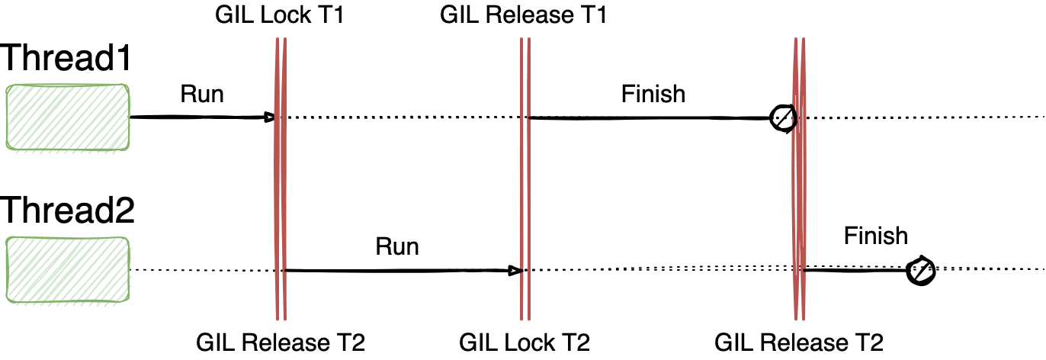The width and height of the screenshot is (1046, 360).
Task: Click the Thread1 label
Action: (66, 59)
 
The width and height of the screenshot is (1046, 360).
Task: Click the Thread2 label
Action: (68, 209)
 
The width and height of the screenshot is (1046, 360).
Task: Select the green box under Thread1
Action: (68, 117)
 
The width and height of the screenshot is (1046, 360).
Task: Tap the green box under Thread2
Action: (68, 269)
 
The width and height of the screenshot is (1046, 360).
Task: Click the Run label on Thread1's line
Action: (202, 94)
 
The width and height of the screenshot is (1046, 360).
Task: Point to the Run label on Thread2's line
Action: (397, 247)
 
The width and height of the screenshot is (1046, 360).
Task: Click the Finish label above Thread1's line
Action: (653, 94)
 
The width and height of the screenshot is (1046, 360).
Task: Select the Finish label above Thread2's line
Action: (876, 236)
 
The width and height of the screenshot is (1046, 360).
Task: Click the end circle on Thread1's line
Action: (783, 117)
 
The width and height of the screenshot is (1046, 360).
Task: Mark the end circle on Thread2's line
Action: (920, 271)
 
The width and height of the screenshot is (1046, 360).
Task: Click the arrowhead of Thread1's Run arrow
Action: (269, 117)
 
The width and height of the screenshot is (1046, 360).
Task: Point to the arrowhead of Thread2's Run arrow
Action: (515, 271)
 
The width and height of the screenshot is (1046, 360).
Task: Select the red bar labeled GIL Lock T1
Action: (280, 191)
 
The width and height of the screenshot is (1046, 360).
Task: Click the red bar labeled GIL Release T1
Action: (525, 191)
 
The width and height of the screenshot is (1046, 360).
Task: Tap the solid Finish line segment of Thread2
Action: (854, 270)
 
